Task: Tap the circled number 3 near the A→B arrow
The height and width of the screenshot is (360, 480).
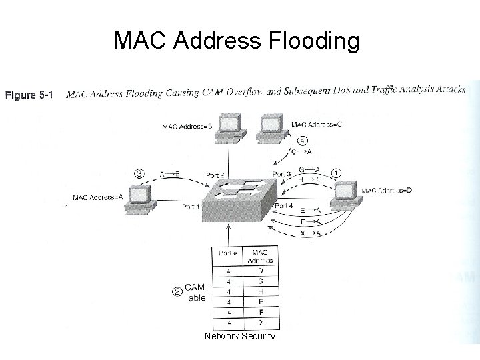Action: coord(139,173)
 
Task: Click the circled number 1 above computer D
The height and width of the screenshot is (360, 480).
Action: coord(337,172)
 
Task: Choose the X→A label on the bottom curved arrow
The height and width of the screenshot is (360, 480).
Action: coord(311,233)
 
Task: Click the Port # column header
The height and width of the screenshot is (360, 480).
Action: coord(223,254)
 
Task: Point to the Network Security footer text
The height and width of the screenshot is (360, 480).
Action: coord(240,337)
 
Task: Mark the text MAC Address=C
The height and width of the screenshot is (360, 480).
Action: coord(317,125)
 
